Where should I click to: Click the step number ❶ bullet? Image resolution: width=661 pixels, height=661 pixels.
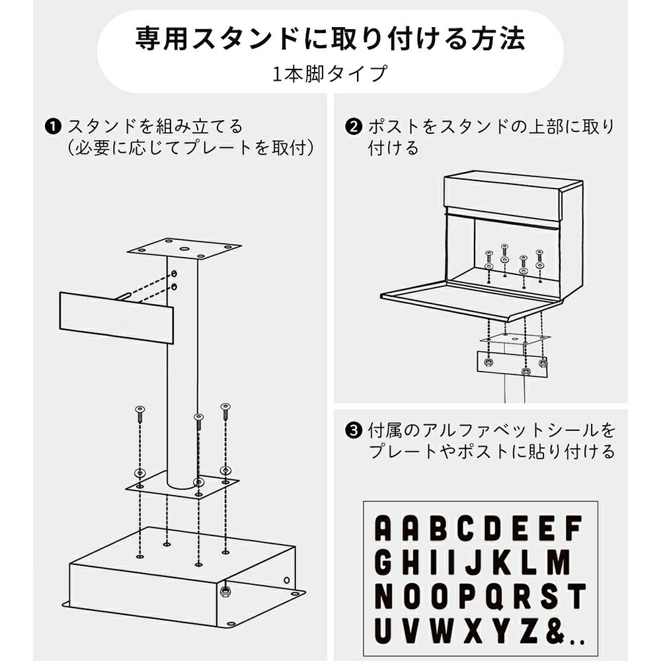tap(53, 126)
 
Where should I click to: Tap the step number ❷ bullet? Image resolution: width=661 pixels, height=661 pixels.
tap(354, 126)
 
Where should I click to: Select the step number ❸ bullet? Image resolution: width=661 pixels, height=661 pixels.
tap(354, 430)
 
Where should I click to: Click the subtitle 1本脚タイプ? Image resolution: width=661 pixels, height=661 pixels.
tap(330, 73)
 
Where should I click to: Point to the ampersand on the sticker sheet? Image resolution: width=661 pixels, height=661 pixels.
tap(557, 631)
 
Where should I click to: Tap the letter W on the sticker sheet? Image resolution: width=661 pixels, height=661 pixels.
tap(441, 631)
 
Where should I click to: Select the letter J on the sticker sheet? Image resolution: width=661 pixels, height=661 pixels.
tap(474, 563)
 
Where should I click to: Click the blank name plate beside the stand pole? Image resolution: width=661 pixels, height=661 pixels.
tap(116, 318)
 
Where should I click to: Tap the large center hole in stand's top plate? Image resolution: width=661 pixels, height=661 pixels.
tap(184, 249)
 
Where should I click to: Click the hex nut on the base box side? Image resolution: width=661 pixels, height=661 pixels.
tap(225, 592)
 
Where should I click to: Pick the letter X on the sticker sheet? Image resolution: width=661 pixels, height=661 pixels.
tap(474, 631)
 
